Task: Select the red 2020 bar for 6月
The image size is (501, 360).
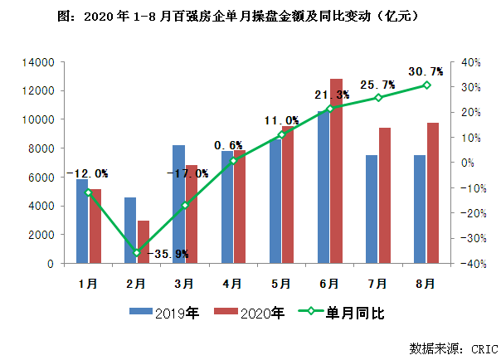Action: (336, 171)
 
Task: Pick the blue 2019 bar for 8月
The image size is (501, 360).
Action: (420, 209)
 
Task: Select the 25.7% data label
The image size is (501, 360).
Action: (377, 85)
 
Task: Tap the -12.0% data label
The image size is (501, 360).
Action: (87, 173)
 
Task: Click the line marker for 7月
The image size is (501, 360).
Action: (378, 98)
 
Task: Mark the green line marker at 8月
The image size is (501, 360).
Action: (426, 85)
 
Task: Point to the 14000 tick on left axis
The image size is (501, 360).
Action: (38, 62)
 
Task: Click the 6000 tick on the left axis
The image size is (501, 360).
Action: (41, 178)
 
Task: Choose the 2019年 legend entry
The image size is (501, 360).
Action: (163, 313)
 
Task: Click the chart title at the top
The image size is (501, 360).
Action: (250, 15)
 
